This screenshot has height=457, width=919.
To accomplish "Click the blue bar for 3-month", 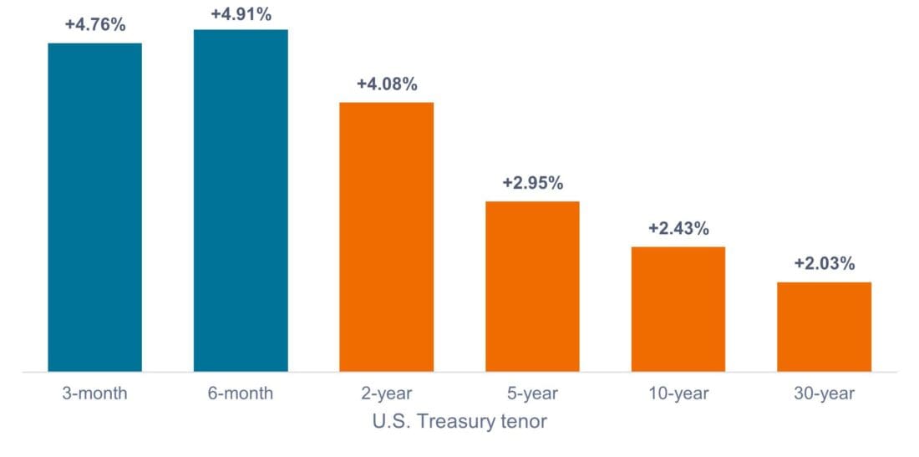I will coord(94,206).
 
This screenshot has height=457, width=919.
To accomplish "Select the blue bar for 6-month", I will coord(241,201).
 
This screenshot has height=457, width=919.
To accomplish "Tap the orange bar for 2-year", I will coord(386,236).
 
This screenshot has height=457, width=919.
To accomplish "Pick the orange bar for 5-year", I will coord(532,286).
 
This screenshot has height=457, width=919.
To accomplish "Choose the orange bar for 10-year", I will coord(678,308).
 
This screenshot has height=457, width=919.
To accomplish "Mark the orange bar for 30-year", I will coord(824,326).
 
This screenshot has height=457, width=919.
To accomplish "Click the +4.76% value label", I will coord(95,25).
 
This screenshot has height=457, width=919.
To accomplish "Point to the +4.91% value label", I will coord(241,13).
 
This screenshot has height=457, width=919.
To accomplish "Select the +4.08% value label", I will coord(386,84).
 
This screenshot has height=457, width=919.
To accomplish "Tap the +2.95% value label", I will coord(532,183).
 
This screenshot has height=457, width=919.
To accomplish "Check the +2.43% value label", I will coord(678,228).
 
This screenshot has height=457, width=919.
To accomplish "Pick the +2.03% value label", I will coord(824,264).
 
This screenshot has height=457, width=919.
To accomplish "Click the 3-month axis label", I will coord(94,393).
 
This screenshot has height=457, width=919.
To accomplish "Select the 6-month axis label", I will coord(241,393).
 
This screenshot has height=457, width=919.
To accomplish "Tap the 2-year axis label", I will coord(386,393).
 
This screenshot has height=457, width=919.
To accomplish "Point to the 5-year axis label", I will coord(532,393).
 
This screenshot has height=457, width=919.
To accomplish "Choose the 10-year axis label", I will coord(678,393).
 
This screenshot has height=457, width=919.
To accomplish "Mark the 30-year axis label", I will coord(824,393).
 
